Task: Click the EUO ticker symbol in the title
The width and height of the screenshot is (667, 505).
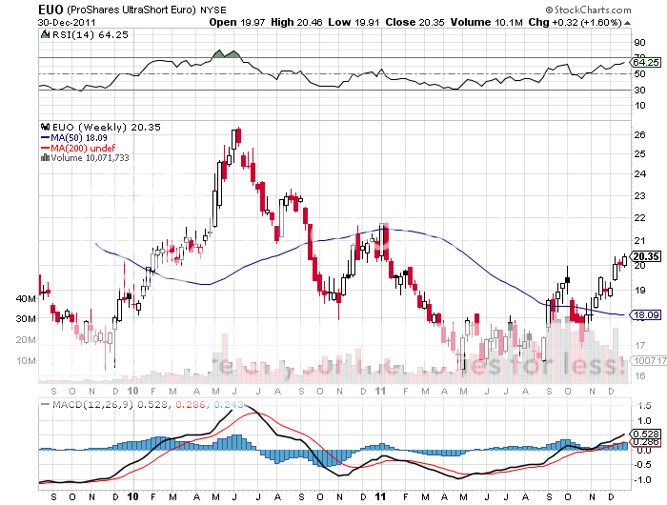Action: [x=51, y=8]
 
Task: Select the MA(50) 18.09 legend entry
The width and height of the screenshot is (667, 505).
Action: [x=82, y=138]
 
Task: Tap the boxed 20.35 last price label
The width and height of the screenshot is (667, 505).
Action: [x=646, y=256]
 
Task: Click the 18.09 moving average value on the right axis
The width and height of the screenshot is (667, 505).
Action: [x=646, y=314]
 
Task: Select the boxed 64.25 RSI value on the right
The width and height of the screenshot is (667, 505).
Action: [x=646, y=61]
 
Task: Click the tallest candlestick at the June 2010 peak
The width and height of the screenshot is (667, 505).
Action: [x=235, y=138]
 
